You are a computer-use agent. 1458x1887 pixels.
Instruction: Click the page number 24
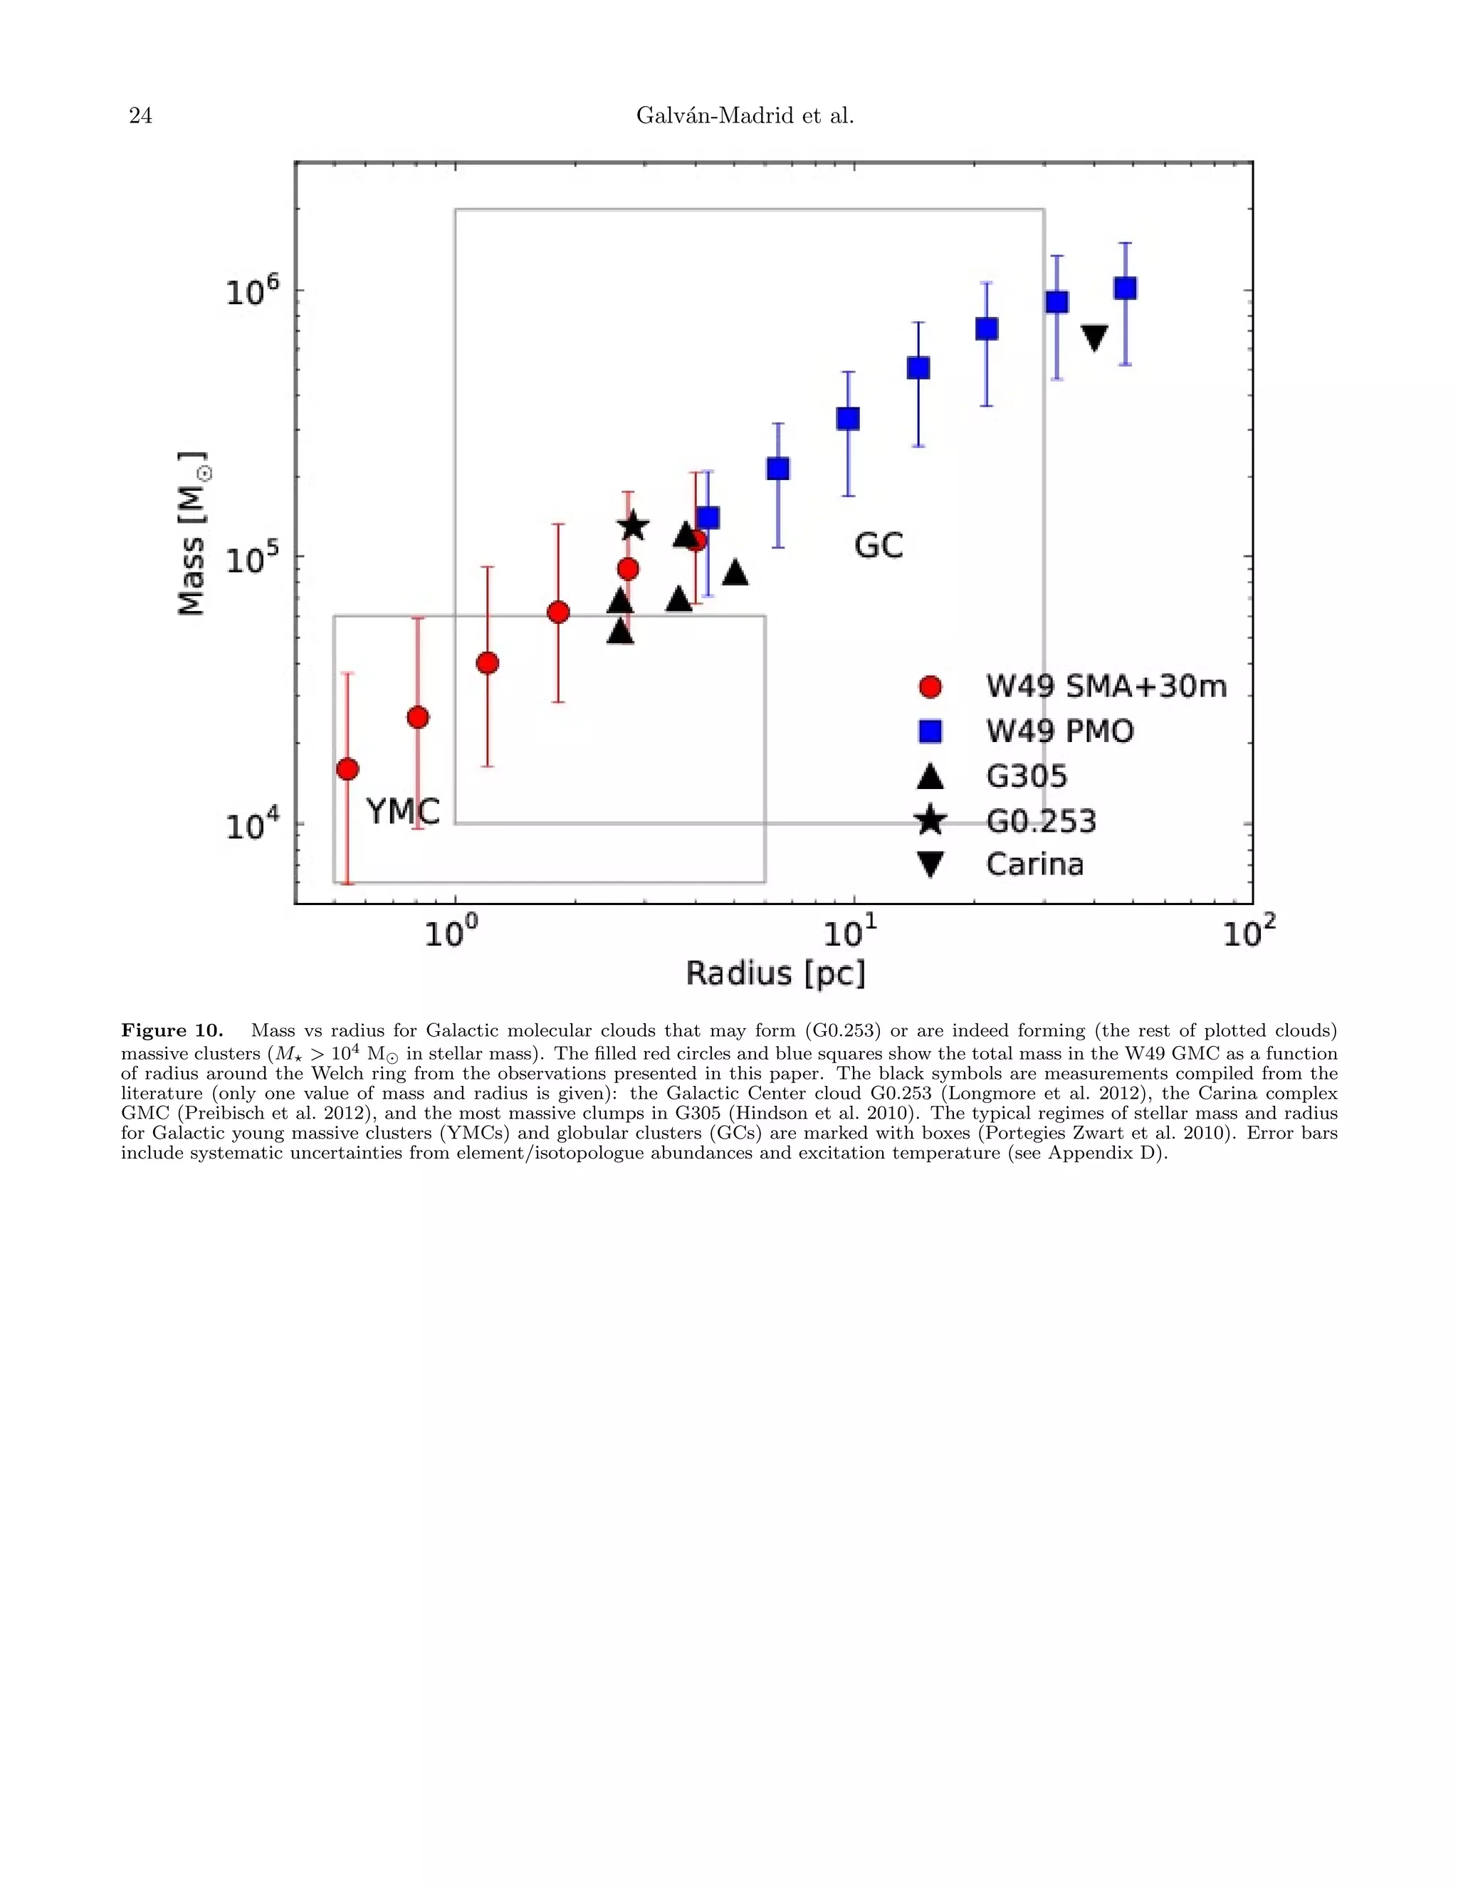pyautogui.click(x=141, y=116)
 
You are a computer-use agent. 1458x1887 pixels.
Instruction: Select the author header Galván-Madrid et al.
pyautogui.click(x=745, y=116)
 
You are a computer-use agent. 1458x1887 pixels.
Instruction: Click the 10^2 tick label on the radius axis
pyautogui.click(x=1247, y=931)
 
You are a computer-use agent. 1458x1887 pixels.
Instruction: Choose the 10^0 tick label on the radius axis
pyautogui.click(x=450, y=931)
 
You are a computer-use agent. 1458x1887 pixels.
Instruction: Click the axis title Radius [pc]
pyautogui.click(x=775, y=973)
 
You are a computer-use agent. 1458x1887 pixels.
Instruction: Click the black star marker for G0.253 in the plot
pyautogui.click(x=633, y=526)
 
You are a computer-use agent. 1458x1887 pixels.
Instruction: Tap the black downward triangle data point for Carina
pyautogui.click(x=1094, y=337)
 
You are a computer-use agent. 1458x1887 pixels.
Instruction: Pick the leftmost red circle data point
pyautogui.click(x=347, y=769)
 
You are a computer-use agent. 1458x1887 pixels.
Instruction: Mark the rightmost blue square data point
pyautogui.click(x=1125, y=288)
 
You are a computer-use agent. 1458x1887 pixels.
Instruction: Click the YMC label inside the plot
pyautogui.click(x=402, y=811)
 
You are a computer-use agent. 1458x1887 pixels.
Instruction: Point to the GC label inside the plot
pyautogui.click(x=879, y=546)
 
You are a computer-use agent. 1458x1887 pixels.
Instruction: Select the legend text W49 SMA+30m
pyautogui.click(x=1106, y=687)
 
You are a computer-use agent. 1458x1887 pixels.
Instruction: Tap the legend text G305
pyautogui.click(x=1026, y=776)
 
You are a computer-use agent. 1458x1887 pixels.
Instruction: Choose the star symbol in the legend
pyautogui.click(x=930, y=820)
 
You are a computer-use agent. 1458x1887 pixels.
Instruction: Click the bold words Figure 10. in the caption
pyautogui.click(x=172, y=1031)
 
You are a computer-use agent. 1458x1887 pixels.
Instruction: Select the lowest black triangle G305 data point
pyautogui.click(x=620, y=632)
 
